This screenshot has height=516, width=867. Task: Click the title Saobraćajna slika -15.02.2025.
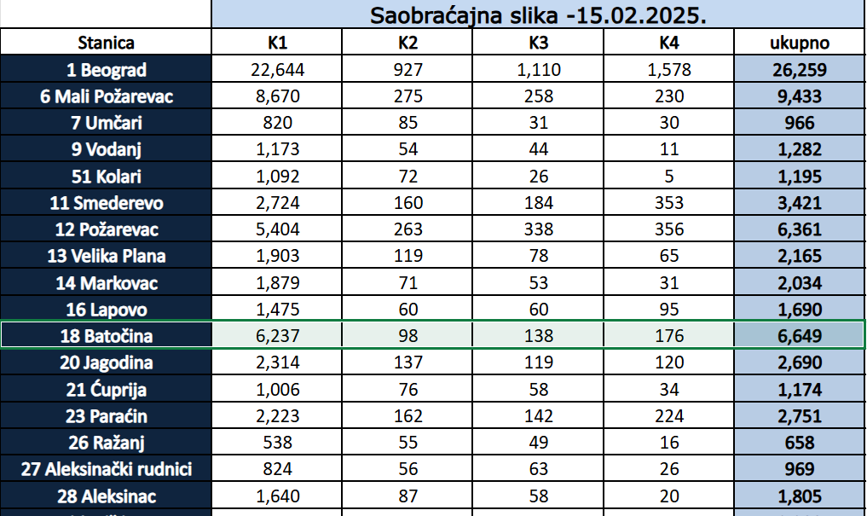538,14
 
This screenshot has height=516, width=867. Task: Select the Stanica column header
106,43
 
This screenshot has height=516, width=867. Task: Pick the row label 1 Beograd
106,70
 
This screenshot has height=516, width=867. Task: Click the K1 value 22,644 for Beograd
277,70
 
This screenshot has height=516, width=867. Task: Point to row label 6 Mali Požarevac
106,96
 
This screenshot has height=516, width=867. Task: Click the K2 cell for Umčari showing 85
407,123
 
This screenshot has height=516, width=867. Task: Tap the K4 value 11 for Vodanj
669,150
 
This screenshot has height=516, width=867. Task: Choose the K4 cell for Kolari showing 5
669,177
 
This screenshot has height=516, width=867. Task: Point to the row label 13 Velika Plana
106,257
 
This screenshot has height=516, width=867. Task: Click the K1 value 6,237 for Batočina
277,336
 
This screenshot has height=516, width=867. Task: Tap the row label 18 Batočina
106,336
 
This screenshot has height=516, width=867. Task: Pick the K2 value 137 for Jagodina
407,363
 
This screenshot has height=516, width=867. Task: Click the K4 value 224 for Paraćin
669,416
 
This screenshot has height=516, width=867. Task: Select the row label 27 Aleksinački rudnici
106,469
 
